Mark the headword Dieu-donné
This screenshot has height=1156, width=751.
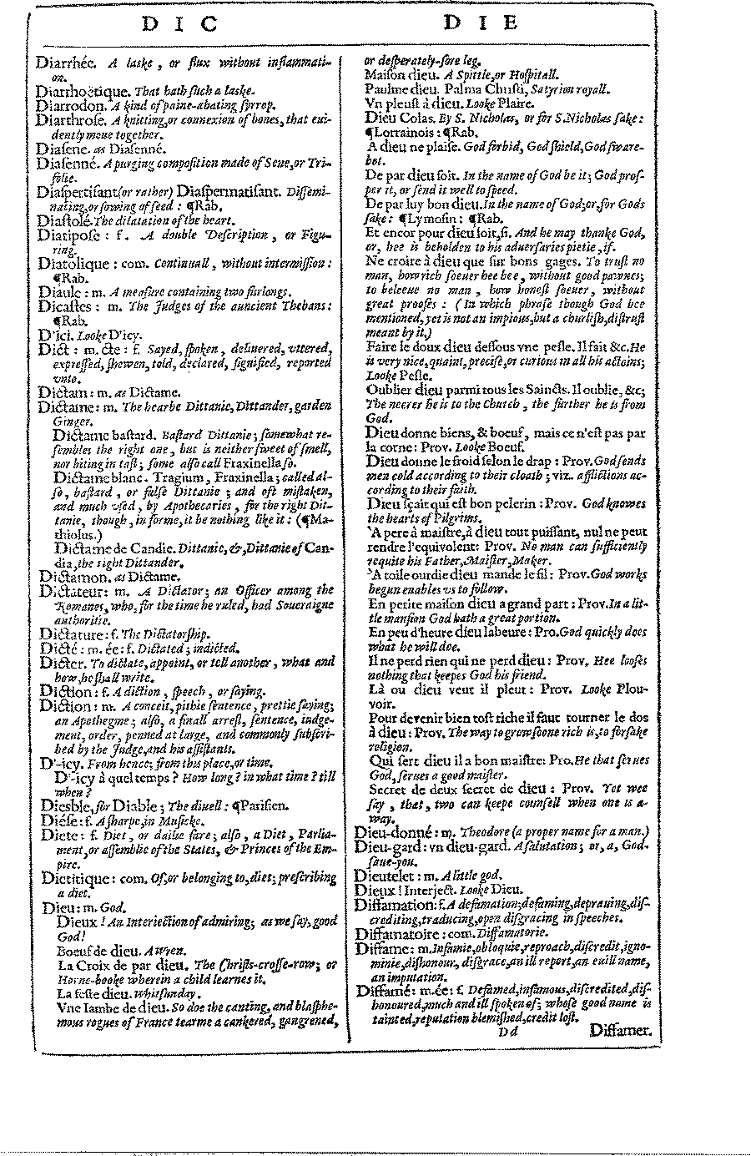click(393, 833)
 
